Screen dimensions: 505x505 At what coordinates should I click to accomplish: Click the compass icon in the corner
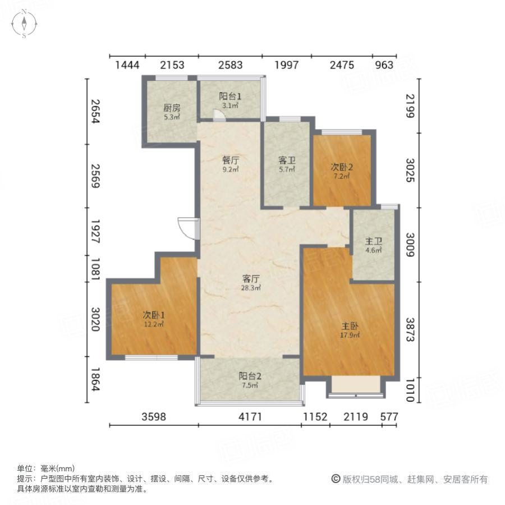[25, 24]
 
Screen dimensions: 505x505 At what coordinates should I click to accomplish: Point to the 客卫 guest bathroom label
[287, 160]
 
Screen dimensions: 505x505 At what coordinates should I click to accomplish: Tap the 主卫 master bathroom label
[374, 242]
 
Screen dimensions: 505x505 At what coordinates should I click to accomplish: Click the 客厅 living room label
[251, 278]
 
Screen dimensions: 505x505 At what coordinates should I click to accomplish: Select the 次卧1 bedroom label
[153, 315]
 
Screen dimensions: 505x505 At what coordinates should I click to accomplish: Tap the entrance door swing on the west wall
[187, 227]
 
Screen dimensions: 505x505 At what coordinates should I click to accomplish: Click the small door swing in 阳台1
[218, 114]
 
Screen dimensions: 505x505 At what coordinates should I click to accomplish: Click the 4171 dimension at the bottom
[249, 417]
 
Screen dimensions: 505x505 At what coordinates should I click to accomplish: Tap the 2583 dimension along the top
[230, 65]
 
